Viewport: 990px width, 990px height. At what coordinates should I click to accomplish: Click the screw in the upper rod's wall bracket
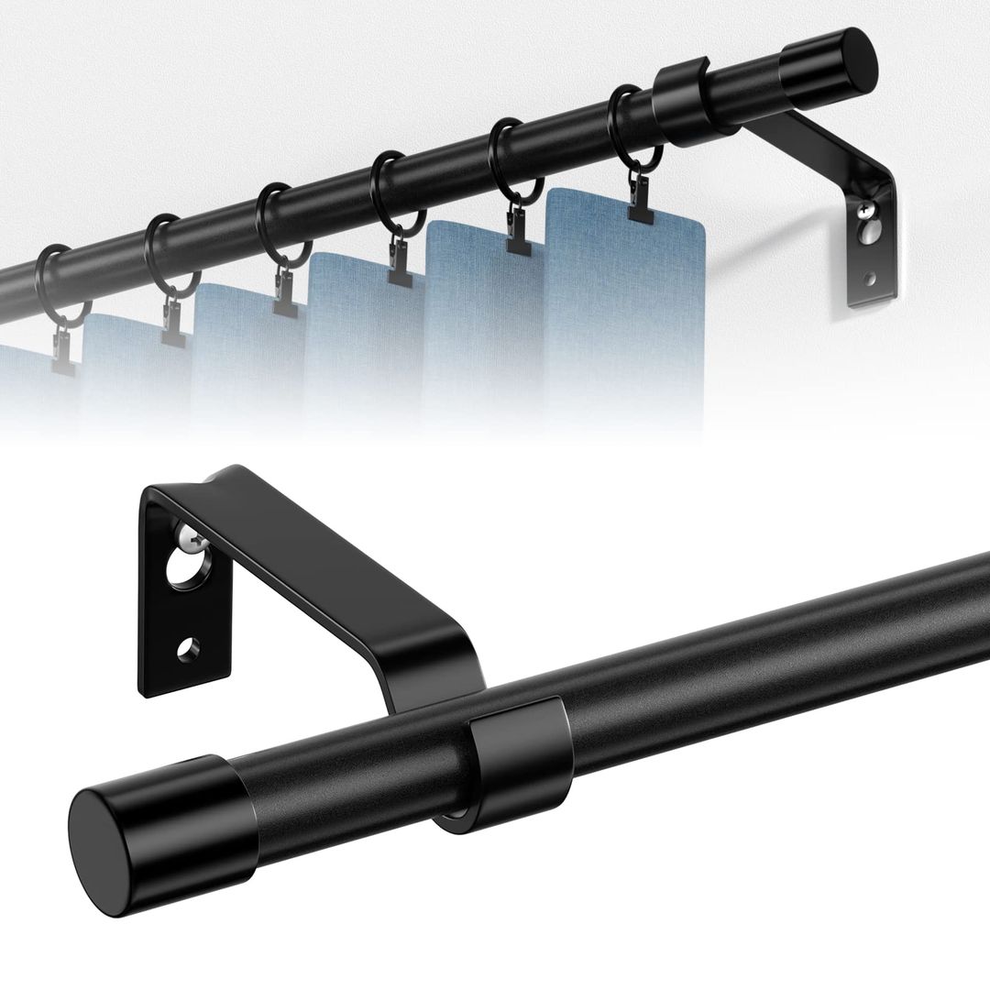[865, 211]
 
